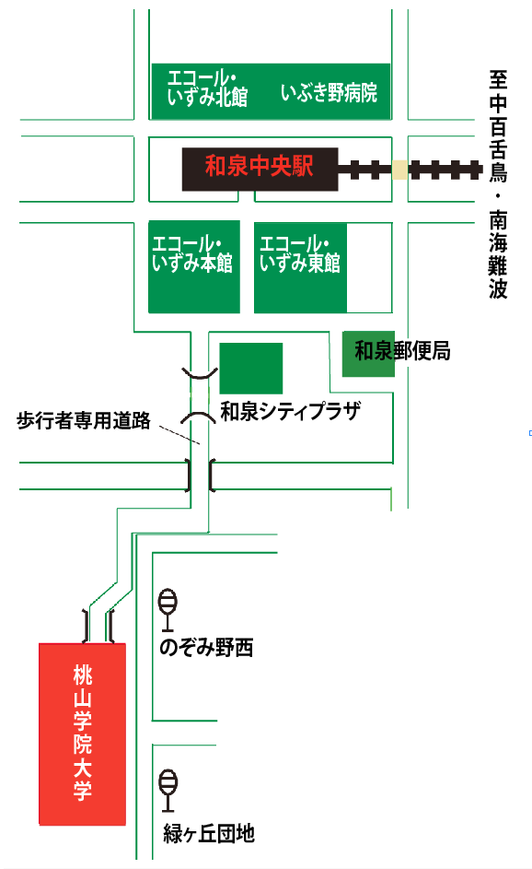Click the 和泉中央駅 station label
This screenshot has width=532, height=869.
pyautogui.click(x=259, y=166)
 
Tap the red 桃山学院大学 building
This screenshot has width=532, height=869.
pyautogui.click(x=83, y=734)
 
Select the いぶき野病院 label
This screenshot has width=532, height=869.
pyautogui.click(x=329, y=92)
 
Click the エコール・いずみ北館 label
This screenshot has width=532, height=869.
pyautogui.click(x=208, y=88)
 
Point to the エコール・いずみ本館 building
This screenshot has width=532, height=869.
pyautogui.click(x=194, y=266)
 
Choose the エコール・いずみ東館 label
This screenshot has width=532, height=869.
pyautogui.click(x=299, y=253)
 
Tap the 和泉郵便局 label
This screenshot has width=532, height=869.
pyautogui.click(x=402, y=351)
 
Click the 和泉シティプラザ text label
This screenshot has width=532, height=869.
pyautogui.click(x=291, y=411)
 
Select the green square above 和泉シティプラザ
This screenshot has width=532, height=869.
pyautogui.click(x=251, y=369)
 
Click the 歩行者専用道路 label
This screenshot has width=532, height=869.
pyautogui.click(x=84, y=420)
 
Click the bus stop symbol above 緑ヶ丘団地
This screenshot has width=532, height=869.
pyautogui.click(x=168, y=791)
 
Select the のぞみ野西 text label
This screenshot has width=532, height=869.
pyautogui.click(x=206, y=647)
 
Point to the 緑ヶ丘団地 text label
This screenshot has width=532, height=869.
pyautogui.click(x=209, y=833)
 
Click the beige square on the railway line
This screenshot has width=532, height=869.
pyautogui.click(x=399, y=170)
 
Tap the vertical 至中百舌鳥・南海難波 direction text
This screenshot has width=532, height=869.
pyautogui.click(x=498, y=184)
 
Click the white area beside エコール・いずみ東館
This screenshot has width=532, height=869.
pyautogui.click(x=369, y=267)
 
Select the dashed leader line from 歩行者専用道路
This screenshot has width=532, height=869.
pyautogui.click(x=179, y=435)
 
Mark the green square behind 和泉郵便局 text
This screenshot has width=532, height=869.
pyautogui.click(x=368, y=354)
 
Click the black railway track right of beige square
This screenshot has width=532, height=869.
pyautogui.click(x=445, y=170)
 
